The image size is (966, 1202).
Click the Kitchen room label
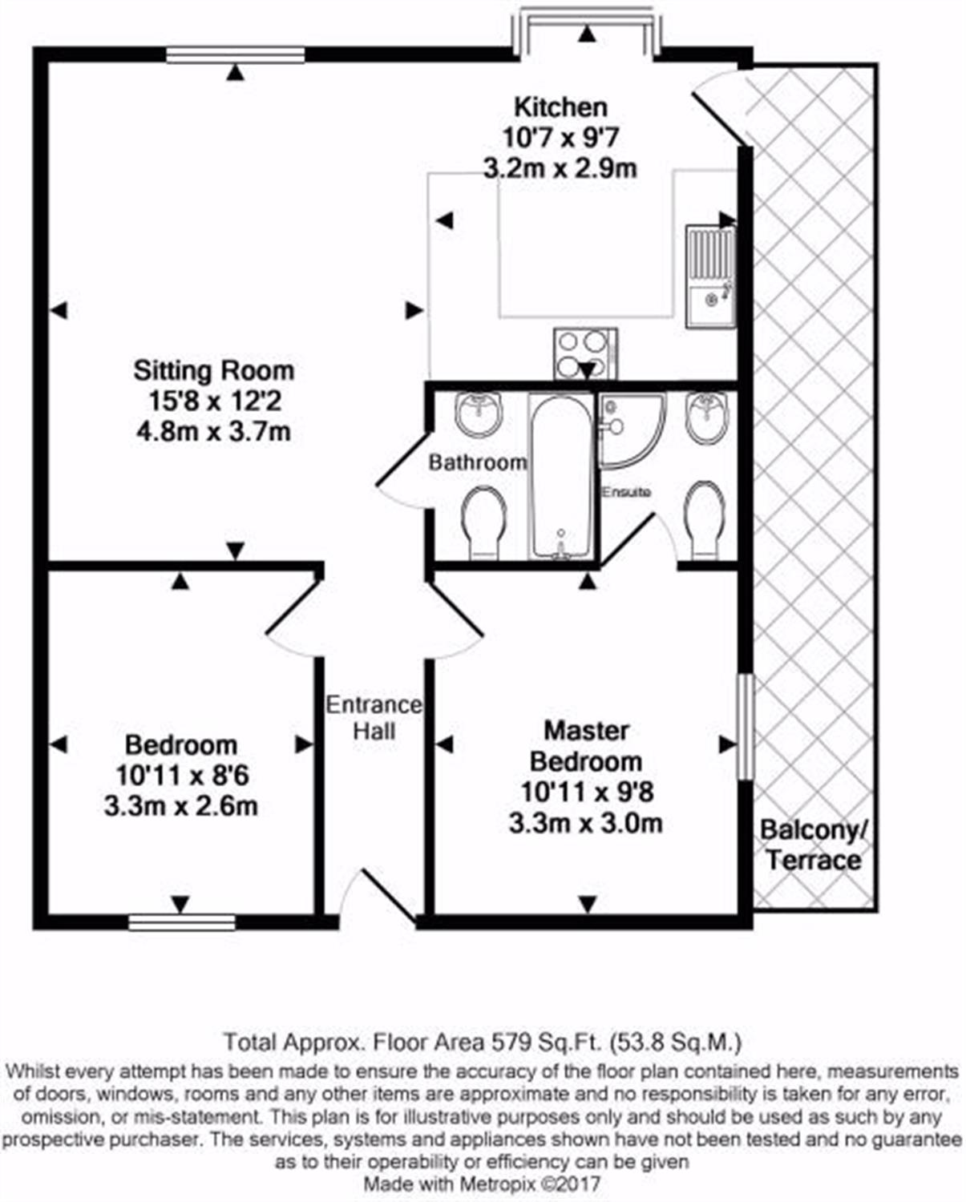(x=560, y=107)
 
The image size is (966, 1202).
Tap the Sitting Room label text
(x=213, y=371)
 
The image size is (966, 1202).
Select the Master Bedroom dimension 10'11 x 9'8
(x=587, y=792)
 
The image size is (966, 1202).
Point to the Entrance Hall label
(x=374, y=718)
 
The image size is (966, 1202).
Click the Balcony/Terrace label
(x=813, y=845)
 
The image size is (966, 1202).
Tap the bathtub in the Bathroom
(x=561, y=476)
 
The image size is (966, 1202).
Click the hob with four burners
(x=585, y=354)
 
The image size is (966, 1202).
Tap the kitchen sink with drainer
(x=711, y=276)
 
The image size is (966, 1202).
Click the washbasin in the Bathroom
(x=479, y=413)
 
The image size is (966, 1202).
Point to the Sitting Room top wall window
(x=236, y=54)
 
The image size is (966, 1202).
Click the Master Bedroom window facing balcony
(x=745, y=726)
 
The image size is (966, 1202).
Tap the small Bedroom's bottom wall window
(x=182, y=922)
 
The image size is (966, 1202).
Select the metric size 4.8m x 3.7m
(x=213, y=432)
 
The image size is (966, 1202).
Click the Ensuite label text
(x=626, y=492)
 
